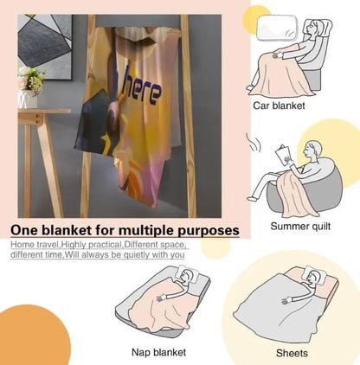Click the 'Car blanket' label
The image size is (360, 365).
click(x=279, y=106)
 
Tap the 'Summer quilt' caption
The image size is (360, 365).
click(x=300, y=227)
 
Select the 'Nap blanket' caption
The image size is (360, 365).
click(x=158, y=352)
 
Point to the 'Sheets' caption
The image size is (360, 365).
click(x=292, y=353)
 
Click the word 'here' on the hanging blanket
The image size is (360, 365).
click(x=141, y=88)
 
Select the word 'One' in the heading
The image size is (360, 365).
click(x=24, y=230)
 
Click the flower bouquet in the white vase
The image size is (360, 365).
click(x=30, y=80)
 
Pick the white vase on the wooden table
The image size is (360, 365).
click(x=28, y=99)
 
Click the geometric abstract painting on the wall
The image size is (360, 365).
click(x=45, y=47)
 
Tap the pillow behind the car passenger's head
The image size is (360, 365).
click(x=277, y=28)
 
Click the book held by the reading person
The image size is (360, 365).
click(x=282, y=156)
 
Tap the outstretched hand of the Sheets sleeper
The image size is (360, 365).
click(x=286, y=301)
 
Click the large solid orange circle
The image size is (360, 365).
click(x=32, y=335)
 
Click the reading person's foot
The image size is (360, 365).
click(x=252, y=199)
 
